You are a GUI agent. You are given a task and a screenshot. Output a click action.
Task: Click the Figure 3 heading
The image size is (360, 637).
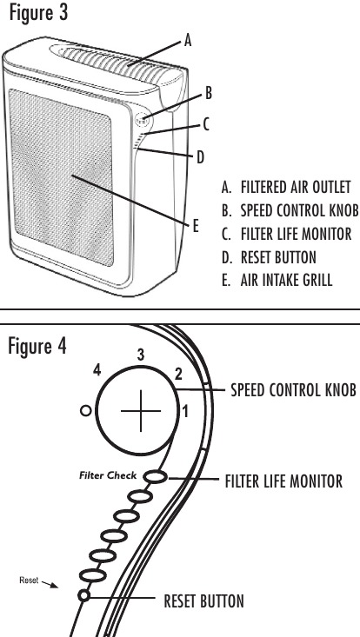pos(38,13)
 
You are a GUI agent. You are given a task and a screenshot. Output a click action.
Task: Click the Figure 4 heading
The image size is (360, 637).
pos(37,346)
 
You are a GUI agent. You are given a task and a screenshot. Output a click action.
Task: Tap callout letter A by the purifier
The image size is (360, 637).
pos(187,41)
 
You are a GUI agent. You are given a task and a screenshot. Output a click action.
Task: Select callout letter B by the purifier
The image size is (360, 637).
pos(208,93)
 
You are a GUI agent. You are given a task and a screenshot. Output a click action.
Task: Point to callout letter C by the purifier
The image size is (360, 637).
pos(206,124)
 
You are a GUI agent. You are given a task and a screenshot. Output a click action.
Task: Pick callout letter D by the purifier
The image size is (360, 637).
pos(200,156)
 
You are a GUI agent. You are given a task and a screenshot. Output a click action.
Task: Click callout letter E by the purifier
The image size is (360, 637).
pos(196,226)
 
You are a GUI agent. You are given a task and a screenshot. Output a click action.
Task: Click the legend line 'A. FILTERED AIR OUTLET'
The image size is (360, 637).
pos(286,187)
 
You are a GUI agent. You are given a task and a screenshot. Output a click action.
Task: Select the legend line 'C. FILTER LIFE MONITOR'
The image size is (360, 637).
pos(286,234)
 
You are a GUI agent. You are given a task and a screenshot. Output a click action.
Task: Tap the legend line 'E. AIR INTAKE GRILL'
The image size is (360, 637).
pos(277,281)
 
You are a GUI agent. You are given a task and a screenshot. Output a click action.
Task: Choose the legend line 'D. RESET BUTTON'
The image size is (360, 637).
pos(269,257)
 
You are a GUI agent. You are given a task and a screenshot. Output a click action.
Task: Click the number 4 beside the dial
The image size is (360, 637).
pos(97,371)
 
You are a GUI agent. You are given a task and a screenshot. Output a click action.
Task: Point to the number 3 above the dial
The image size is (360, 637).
pos(141,355)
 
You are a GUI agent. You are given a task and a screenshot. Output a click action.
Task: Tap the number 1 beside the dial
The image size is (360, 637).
pos(185,412)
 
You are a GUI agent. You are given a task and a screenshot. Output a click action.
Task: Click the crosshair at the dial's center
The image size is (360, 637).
pos(141,411)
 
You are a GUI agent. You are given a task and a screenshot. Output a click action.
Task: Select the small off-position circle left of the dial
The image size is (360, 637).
pos(86,411)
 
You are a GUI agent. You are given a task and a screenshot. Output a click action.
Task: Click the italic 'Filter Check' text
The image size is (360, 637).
pos(108,474)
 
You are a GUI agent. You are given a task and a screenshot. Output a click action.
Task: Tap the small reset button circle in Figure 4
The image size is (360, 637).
pos(83,595)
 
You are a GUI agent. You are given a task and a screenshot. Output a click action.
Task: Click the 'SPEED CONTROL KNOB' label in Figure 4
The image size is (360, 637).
pos(293,390)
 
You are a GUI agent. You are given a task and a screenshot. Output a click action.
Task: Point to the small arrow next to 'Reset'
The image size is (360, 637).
pos(50,584)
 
